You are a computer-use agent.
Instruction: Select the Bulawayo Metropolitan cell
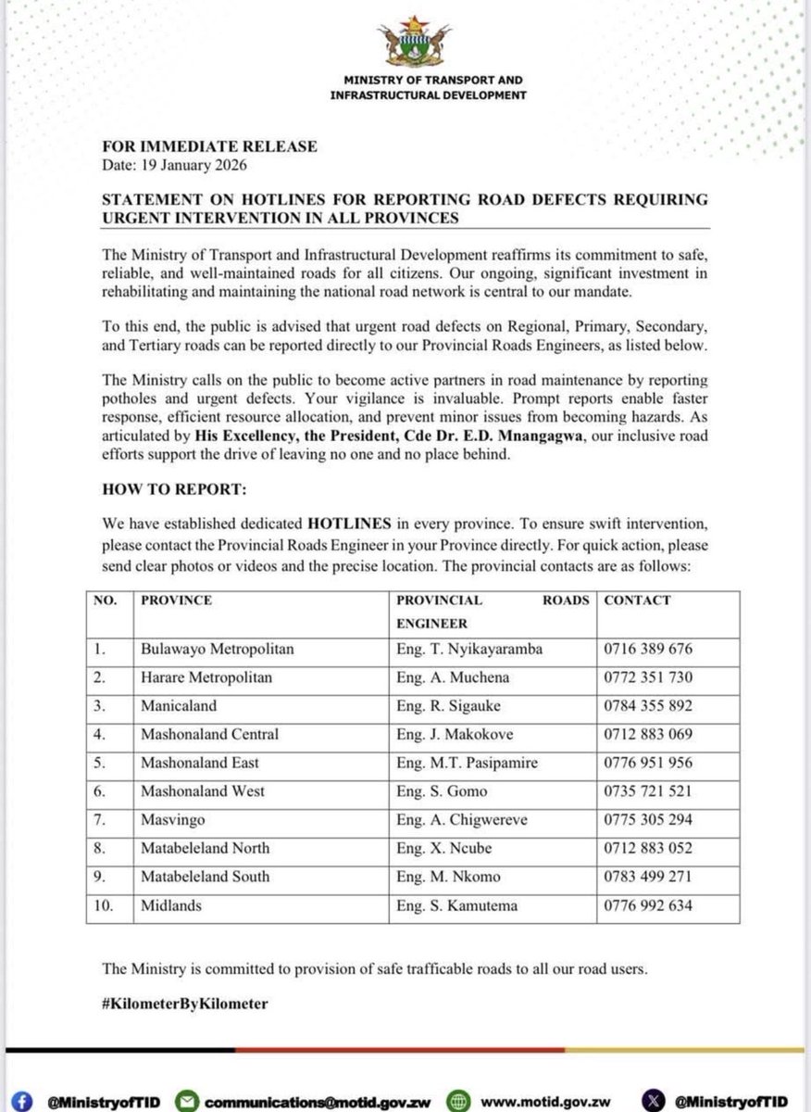point(217,650)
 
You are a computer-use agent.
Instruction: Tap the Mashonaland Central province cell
point(209,735)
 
